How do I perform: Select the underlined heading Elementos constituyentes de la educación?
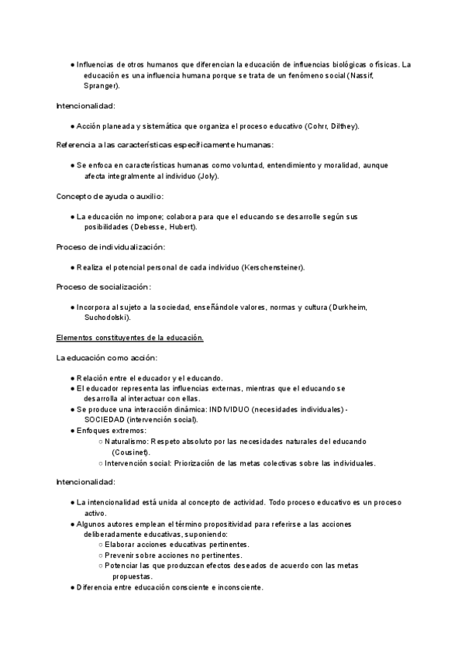129,338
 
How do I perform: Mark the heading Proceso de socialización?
104,287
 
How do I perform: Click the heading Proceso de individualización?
110,247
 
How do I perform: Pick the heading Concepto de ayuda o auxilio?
109,197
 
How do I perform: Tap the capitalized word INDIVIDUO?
236,408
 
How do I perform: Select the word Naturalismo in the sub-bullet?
129,441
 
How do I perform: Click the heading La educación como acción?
106,358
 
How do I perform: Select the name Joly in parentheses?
208,176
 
